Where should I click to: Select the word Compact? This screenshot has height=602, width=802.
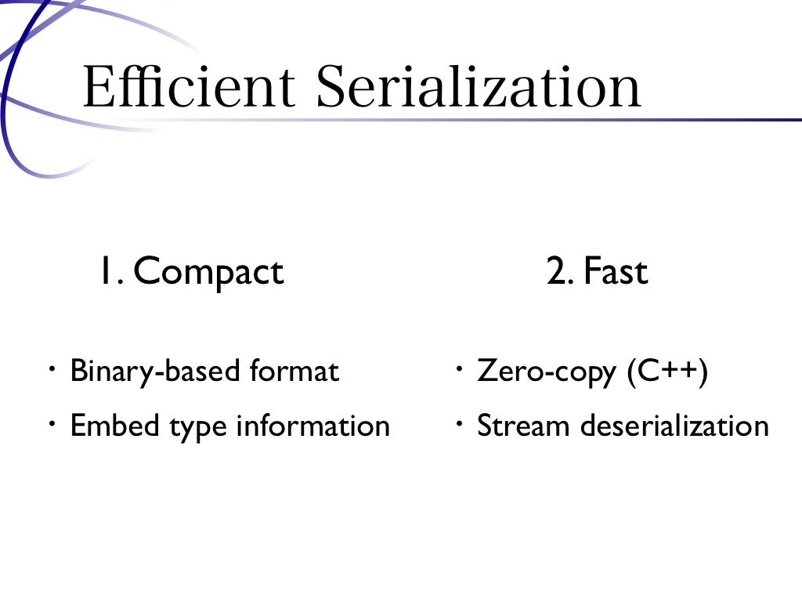pyautogui.click(x=208, y=272)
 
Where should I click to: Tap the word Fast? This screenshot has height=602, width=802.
pyautogui.click(x=616, y=272)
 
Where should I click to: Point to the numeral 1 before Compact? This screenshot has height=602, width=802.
pyautogui.click(x=106, y=272)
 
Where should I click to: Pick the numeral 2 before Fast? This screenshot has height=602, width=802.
pyautogui.click(x=558, y=272)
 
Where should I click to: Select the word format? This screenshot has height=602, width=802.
pyautogui.click(x=294, y=371)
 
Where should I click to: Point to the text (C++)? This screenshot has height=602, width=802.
pyautogui.click(x=667, y=371)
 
